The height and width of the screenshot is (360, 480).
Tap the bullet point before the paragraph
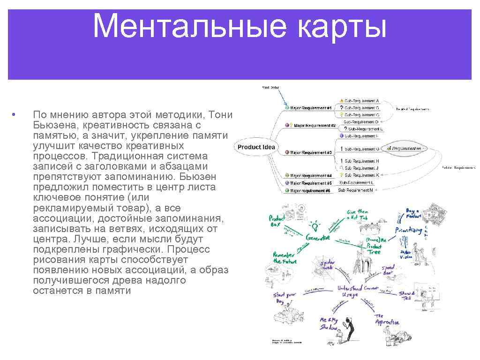point(15,115)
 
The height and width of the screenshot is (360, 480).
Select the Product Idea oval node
point(256,147)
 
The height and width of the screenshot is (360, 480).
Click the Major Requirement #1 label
point(311,108)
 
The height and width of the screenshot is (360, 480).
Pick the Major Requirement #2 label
point(315,126)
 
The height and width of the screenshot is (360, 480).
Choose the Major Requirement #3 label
point(311,152)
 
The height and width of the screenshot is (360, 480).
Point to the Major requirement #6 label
point(310,191)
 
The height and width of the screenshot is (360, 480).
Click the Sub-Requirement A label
point(361,101)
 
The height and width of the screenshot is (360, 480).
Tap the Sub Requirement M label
point(356,190)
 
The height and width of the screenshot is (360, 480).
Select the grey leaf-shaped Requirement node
point(405,148)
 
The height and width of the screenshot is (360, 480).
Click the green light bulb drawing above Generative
point(315,224)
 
